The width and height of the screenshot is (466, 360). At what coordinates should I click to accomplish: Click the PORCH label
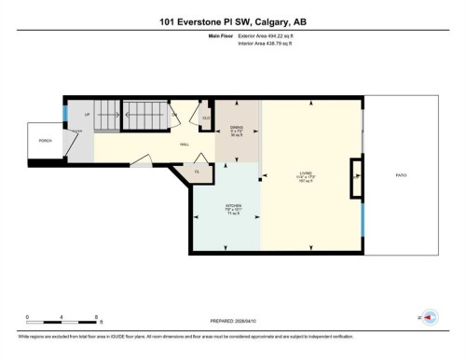click(45, 142)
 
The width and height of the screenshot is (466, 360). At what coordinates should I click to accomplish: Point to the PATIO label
click(401, 174)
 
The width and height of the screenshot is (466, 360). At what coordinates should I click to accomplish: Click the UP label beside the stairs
click(88, 115)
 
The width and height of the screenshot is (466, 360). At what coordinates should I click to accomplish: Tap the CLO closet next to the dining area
click(206, 118)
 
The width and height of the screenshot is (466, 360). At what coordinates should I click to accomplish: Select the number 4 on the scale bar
click(62, 317)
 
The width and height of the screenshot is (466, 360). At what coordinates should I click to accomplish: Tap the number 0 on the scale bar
click(28, 317)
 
